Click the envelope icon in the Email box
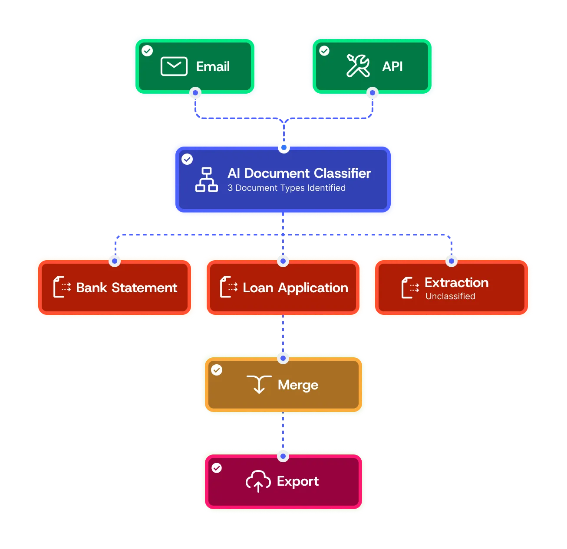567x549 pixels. (174, 66)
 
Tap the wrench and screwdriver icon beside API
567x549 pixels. (358, 66)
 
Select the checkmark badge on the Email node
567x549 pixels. (147, 51)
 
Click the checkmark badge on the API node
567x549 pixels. (324, 51)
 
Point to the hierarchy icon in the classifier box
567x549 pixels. (207, 180)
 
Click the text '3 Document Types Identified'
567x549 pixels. (287, 188)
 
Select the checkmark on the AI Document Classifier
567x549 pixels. (187, 159)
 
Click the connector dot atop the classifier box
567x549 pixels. (283, 147)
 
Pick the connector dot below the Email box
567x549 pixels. (196, 93)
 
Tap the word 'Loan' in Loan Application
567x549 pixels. (258, 288)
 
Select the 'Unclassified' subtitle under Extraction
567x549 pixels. (450, 297)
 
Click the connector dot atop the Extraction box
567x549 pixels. (452, 261)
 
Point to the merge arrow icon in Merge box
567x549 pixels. (259, 385)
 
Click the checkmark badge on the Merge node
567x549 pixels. (217, 370)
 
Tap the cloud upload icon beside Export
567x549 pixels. (258, 481)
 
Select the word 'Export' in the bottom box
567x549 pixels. (298, 481)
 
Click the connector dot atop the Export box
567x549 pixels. (283, 456)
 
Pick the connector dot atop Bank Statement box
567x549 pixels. (115, 261)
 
